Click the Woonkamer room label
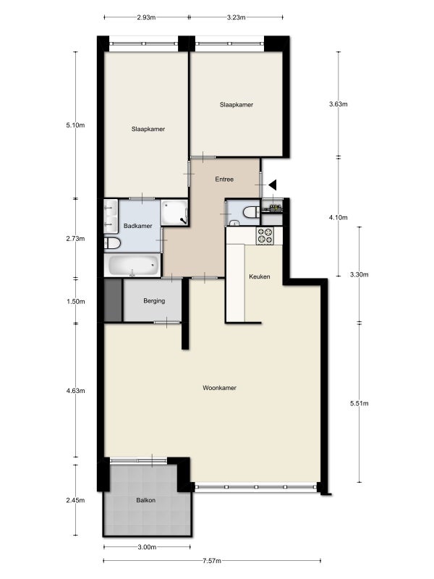coord(219,388)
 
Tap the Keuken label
coord(260,276)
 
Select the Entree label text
coord(224,179)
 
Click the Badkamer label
coord(137,226)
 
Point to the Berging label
coord(154,301)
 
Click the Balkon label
coord(146,500)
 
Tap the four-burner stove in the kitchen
coord(265,236)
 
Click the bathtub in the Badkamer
coord(133,265)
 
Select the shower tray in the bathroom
coord(175,213)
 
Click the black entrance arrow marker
coord(273,185)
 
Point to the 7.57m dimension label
coord(212,561)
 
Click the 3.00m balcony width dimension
coord(147,547)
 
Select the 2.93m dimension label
coord(146,17)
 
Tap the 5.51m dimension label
coord(359,403)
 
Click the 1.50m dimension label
coord(76,301)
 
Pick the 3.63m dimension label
coord(339,104)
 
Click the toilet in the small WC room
coord(251,212)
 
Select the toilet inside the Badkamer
coord(113,243)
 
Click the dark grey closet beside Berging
coord(113,300)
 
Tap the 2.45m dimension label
coord(75,500)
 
